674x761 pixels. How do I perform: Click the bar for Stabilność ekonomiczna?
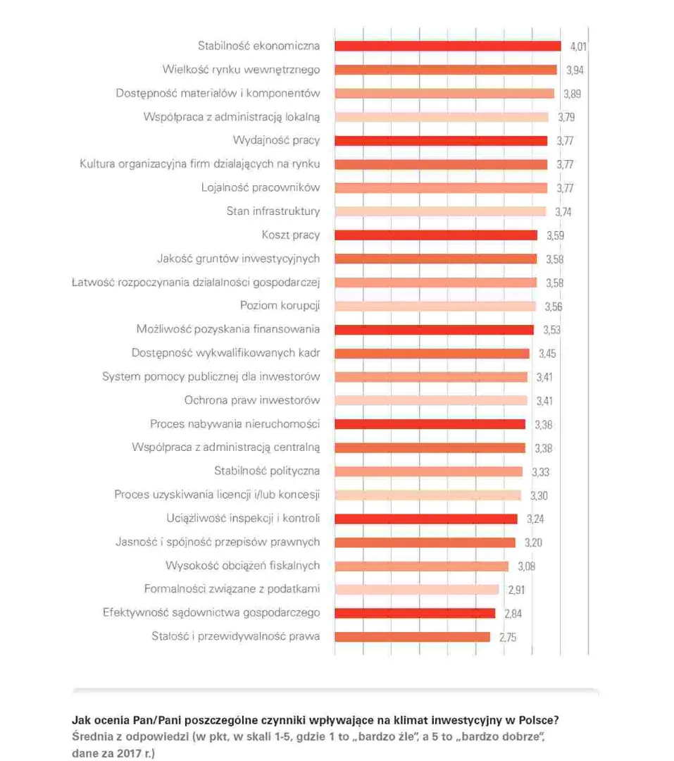point(447,46)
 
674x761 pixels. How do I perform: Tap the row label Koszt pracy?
point(291,235)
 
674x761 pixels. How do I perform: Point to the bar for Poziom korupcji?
point(435,306)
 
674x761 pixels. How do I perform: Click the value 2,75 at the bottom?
point(508,637)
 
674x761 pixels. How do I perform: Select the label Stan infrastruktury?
point(273,211)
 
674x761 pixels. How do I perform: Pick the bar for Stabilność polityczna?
point(428,471)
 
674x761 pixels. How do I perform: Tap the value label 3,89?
point(571,94)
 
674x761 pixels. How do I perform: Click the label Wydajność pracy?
point(276,140)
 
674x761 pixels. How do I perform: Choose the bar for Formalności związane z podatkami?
point(416,589)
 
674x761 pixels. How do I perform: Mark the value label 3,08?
point(527,566)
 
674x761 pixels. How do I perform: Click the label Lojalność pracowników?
point(261,187)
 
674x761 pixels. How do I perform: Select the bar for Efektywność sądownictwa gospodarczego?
point(415,613)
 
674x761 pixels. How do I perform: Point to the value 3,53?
point(551,330)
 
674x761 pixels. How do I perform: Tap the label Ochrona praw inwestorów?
point(252,400)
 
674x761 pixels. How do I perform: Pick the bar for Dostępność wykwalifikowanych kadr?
point(432,353)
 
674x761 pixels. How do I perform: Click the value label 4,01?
point(578,47)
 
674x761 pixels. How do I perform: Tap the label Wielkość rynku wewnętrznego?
point(241,70)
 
